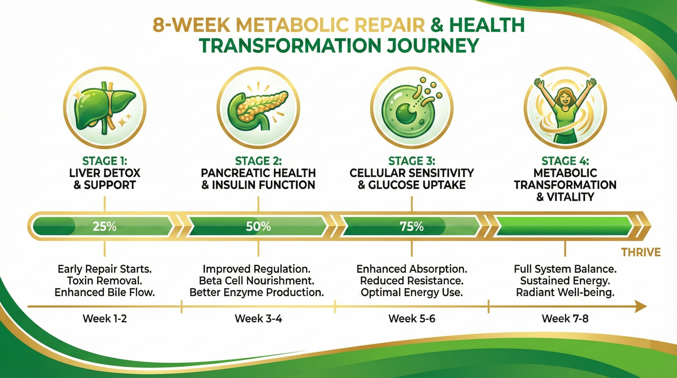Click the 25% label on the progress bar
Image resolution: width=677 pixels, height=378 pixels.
(x=105, y=226)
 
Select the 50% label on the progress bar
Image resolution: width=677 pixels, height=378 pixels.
(x=258, y=226)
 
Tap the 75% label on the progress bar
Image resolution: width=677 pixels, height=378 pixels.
(x=412, y=226)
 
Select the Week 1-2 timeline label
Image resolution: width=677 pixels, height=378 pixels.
(x=105, y=319)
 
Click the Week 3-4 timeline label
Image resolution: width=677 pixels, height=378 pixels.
(x=258, y=319)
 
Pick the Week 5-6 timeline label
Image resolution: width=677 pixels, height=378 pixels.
(x=412, y=319)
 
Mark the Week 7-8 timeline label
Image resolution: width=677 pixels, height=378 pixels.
(x=565, y=319)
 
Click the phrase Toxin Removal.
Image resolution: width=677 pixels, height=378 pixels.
(x=105, y=281)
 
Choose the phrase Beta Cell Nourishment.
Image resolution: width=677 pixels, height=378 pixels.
(x=257, y=281)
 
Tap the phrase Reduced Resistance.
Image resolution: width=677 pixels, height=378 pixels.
(x=412, y=281)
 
